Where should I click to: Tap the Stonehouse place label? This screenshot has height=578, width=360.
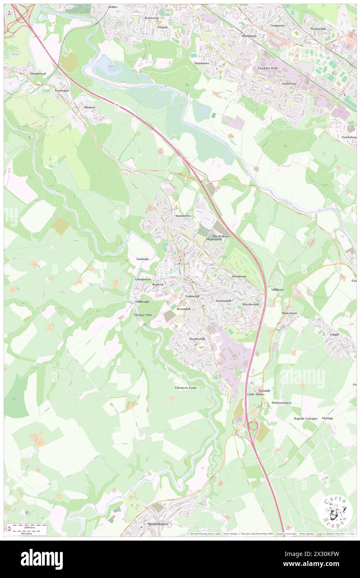[158, 524]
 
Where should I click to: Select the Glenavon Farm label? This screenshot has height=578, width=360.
[185, 388]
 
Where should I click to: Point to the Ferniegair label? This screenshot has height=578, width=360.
[61, 91]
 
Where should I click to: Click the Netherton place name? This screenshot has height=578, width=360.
[288, 84]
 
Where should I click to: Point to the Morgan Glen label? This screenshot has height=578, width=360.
[143, 315]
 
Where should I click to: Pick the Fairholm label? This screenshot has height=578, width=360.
[142, 259]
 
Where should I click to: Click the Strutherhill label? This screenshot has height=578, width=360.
[197, 339]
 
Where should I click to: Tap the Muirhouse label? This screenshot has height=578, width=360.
[201, 63]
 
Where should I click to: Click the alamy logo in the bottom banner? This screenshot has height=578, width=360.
[42, 559]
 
